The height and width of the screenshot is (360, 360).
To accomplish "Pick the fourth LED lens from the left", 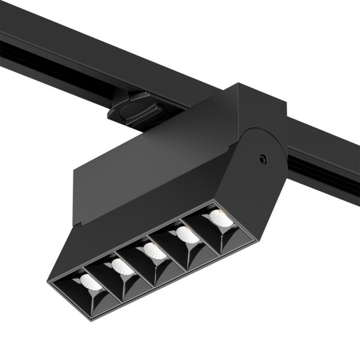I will pyautogui.click(x=182, y=232).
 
